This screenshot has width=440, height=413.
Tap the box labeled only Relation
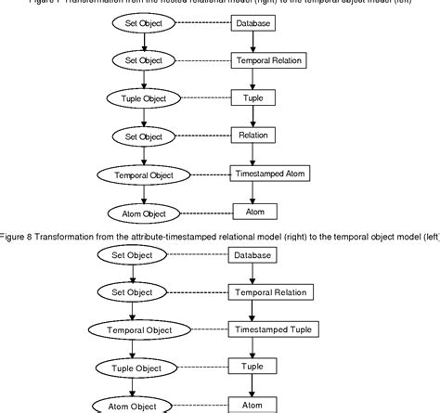pyautogui.click(x=253, y=136)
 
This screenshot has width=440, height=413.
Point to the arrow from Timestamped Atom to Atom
pyautogui.click(x=253, y=193)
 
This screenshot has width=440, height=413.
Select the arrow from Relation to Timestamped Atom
pyautogui.click(x=253, y=155)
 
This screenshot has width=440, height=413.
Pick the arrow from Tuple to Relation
pyautogui.click(x=253, y=117)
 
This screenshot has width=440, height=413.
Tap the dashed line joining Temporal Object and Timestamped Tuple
pyautogui.click(x=204, y=329)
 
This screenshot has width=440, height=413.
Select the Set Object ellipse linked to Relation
pyautogui.click(x=137, y=136)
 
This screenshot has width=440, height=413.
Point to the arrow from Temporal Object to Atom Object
pyautogui.click(x=137, y=193)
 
